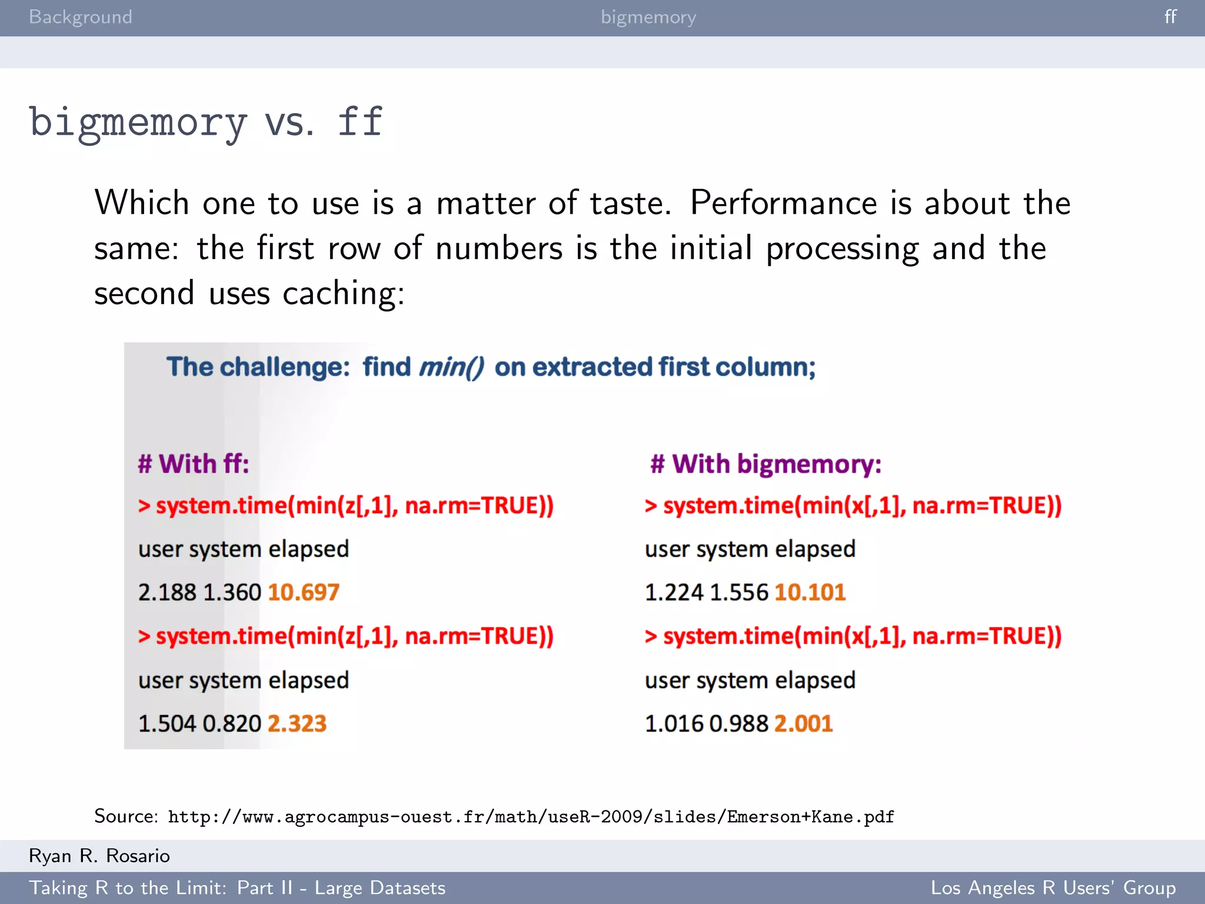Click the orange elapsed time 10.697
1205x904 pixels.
304,592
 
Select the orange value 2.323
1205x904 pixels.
297,723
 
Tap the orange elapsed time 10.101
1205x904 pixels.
810,592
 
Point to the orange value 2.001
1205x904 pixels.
804,723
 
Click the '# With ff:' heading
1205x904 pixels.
194,464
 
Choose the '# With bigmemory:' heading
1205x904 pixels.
766,464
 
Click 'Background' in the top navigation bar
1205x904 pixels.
81,17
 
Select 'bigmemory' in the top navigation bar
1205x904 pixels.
648,17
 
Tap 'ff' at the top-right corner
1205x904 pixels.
1170,17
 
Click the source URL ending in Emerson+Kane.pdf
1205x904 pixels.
531,817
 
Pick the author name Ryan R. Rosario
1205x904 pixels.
99,856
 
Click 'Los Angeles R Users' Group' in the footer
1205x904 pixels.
1053,888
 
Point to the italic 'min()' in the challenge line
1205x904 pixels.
451,367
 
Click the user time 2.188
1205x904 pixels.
167,592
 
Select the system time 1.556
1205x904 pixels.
739,592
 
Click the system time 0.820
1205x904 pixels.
232,723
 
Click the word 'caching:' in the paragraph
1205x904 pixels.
344,293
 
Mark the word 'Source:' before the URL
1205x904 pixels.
126,816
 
